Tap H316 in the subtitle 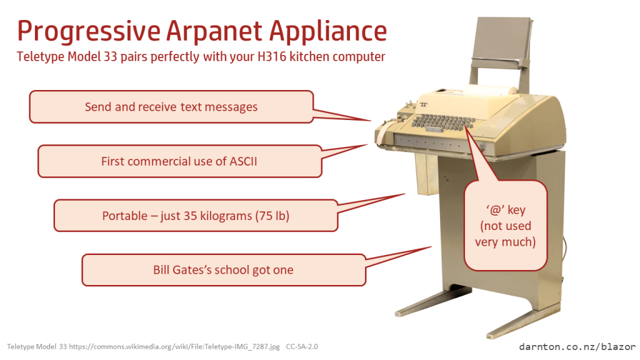pos(272,56)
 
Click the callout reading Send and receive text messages pos(171,106)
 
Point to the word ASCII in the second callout pos(243,161)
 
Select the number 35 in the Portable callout pos(190,216)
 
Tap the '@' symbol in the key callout pos(495,210)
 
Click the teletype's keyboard pos(444,122)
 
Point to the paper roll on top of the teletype pos(490,90)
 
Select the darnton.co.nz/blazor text pos(577,347)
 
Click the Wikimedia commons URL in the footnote pos(174,346)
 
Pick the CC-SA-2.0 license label pos(302,346)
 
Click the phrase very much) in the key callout pos(505,242)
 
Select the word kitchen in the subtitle pos(309,56)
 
